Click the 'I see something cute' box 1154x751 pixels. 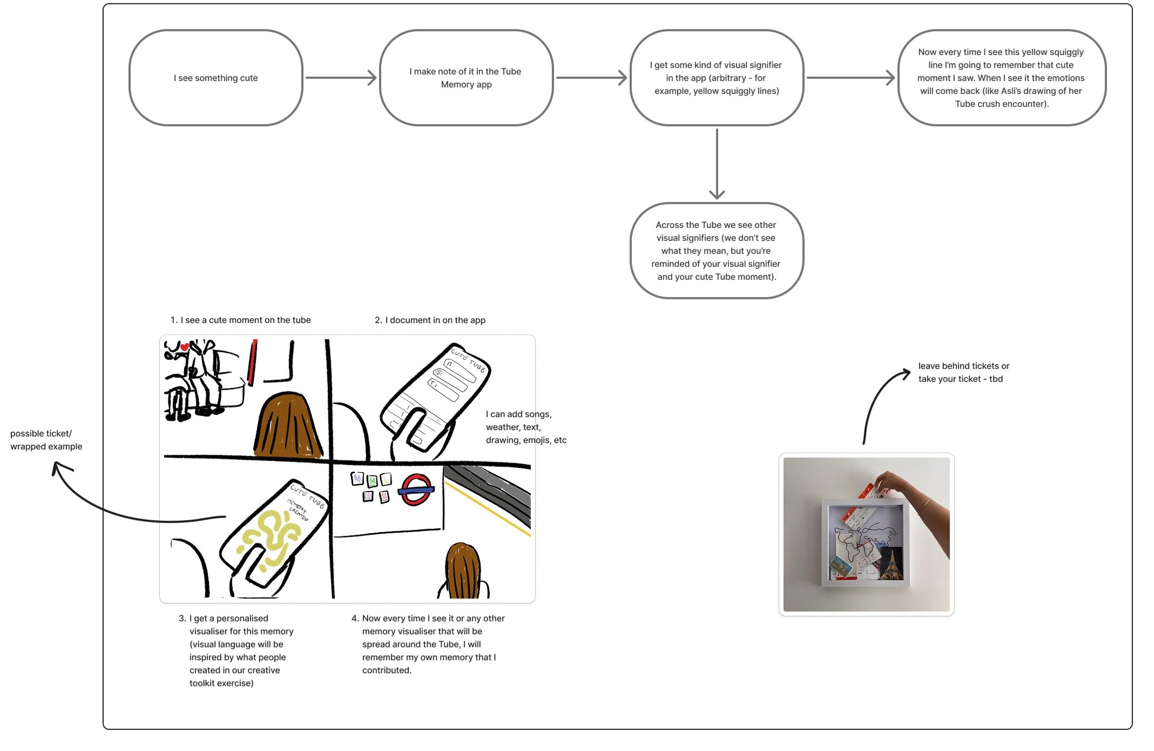coord(215,78)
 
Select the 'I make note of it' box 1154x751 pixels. coord(465,78)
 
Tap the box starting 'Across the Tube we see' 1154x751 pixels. coord(716,251)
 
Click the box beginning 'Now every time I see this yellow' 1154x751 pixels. coord(1001,78)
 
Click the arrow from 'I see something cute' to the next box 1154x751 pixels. coord(340,78)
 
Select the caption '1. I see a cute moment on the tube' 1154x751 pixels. coord(240,320)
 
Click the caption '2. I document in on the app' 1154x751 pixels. coord(430,320)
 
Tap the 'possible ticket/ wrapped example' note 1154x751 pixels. coord(46,440)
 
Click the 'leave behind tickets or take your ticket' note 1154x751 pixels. coord(963,372)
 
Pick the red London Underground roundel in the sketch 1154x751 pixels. coord(416,490)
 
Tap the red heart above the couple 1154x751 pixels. coord(185,347)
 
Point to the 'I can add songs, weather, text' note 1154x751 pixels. coord(525,427)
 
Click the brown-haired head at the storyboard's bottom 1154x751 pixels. coord(463,570)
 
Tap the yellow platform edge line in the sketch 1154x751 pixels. coord(486,508)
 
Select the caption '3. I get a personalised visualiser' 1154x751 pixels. coord(237,651)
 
